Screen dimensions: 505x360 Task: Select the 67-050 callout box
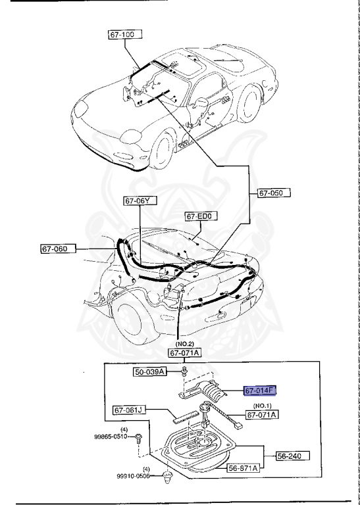(273, 193)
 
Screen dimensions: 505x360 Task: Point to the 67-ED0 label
(201, 216)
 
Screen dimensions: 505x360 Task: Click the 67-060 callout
(57, 249)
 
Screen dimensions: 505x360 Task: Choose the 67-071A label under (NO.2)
(186, 353)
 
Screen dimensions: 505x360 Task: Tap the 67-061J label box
(130, 410)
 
